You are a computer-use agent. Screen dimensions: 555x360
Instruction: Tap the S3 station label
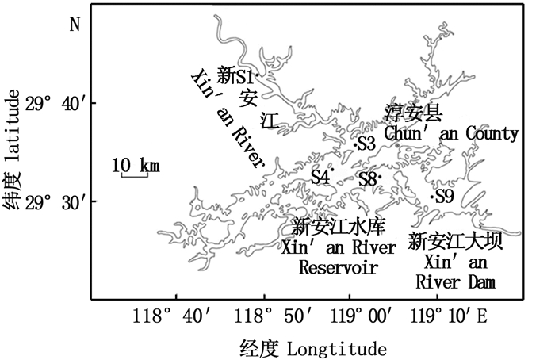(366, 144)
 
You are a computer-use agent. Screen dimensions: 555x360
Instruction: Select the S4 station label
(320, 176)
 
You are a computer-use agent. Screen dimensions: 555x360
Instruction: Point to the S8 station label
(366, 179)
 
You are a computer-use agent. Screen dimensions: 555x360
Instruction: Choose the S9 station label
(444, 196)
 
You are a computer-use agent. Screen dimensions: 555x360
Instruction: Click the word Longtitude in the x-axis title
(336, 348)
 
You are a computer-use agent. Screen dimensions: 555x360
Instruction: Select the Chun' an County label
(452, 132)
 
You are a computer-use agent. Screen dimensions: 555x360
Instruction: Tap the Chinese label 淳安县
(413, 112)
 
